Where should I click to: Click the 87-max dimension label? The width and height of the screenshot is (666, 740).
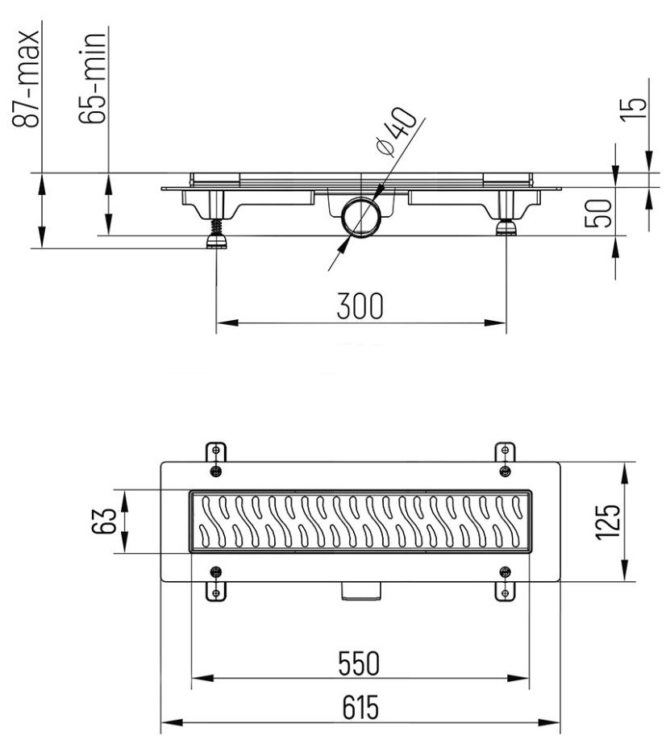point(28,79)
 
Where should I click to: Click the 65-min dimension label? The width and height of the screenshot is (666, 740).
point(94,79)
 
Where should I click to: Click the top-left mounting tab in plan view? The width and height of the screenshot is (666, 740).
point(214,455)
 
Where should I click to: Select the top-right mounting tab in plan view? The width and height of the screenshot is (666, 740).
point(504,455)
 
